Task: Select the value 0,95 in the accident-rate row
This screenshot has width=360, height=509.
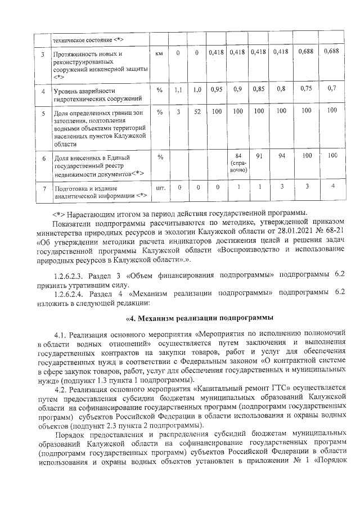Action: point(216,89)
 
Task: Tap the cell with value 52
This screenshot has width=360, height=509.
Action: point(197,111)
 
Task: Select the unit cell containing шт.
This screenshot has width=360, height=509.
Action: point(159,187)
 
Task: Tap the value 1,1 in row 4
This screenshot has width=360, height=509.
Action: point(178,89)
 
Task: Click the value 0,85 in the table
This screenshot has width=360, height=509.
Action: point(259,89)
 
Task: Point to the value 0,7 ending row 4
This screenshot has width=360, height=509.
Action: point(331,88)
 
